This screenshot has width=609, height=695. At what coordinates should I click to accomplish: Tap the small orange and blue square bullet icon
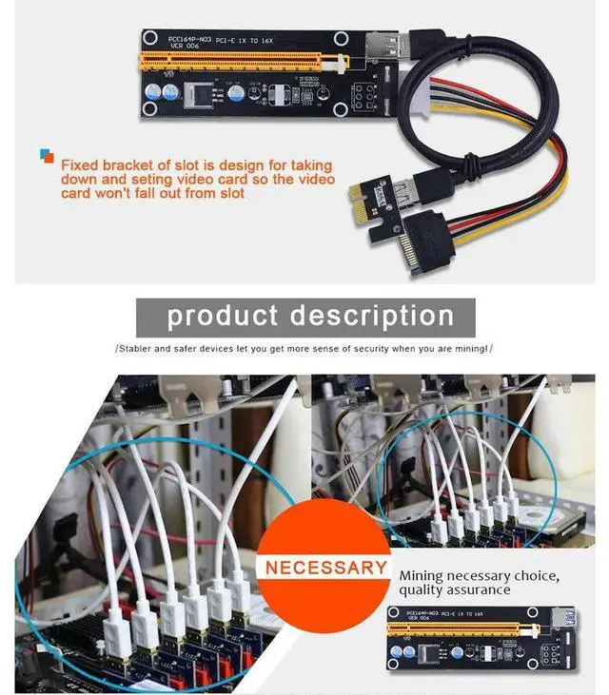(x=47, y=156)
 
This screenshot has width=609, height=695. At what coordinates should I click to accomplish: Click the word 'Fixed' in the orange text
(x=77, y=164)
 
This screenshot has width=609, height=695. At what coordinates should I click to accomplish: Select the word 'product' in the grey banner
(x=222, y=316)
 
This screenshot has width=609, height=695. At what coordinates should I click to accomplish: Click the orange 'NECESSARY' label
(x=326, y=569)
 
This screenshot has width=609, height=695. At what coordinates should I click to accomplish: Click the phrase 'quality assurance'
(x=455, y=590)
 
